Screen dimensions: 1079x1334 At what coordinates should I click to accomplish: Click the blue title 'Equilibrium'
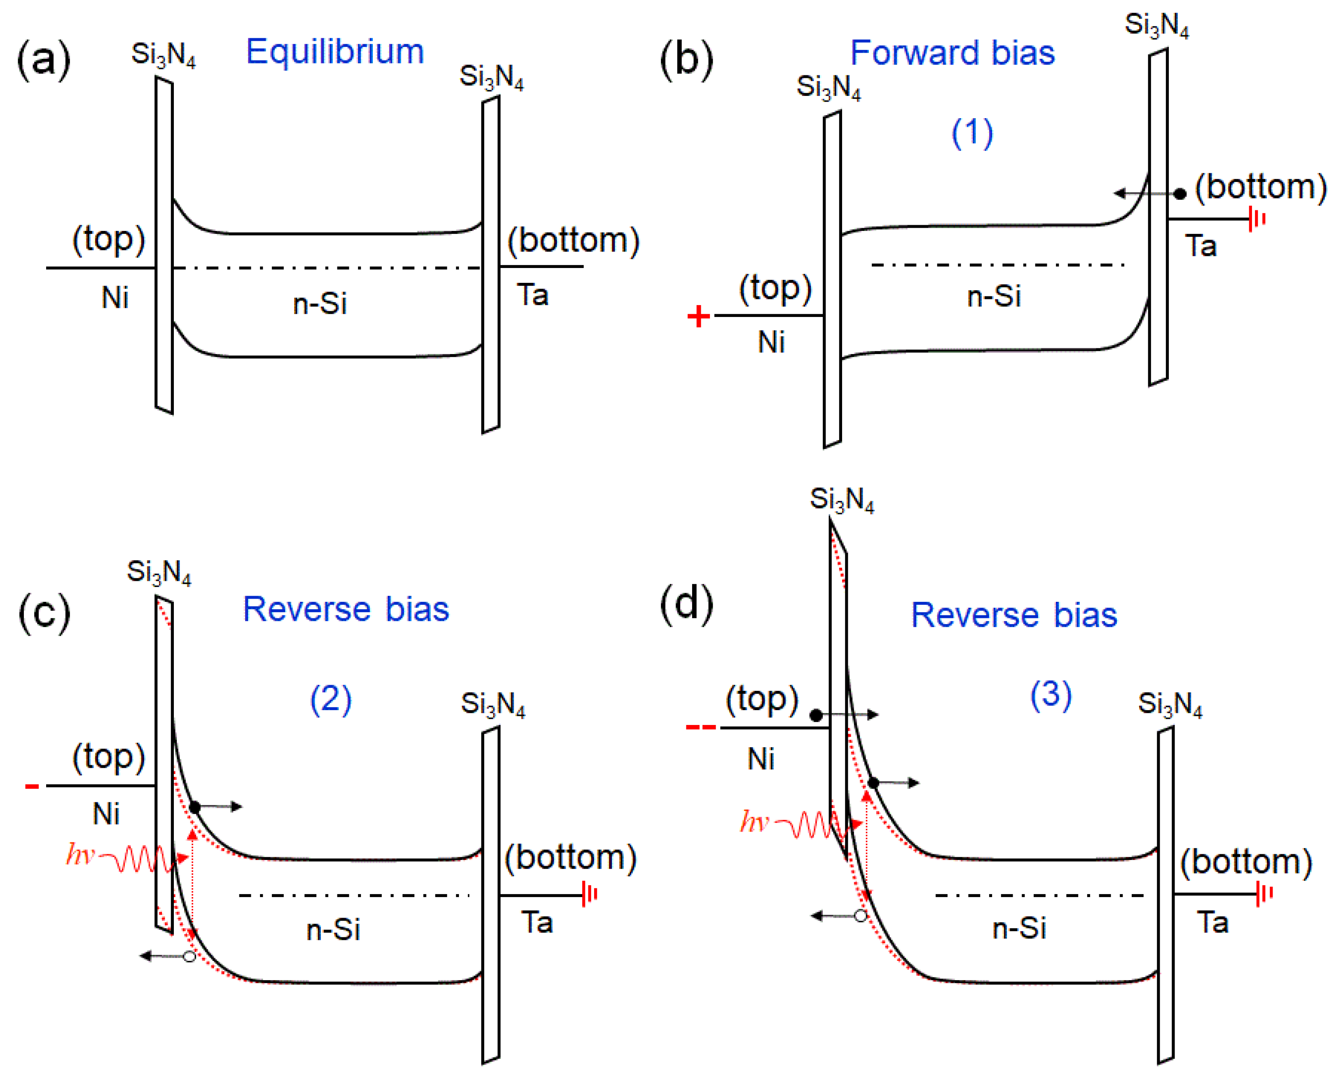(335, 51)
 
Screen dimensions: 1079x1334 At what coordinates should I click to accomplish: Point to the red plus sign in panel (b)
(698, 316)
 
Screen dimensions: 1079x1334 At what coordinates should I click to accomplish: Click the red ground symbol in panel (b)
(1257, 219)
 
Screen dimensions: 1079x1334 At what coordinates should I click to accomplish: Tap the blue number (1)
(972, 133)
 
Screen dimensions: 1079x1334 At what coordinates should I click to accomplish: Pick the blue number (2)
(330, 699)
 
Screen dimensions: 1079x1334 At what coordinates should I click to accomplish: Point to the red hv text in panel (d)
(754, 822)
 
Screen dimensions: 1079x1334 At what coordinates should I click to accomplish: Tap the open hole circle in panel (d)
(860, 916)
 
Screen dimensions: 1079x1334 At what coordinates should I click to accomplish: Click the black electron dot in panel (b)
(1180, 194)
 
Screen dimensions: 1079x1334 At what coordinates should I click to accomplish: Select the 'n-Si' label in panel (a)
(320, 304)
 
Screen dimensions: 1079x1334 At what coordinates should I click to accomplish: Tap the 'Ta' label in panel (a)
(532, 295)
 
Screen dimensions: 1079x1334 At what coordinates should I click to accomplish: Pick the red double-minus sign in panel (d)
(701, 727)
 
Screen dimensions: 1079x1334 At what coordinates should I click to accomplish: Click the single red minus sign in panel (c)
(32, 787)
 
